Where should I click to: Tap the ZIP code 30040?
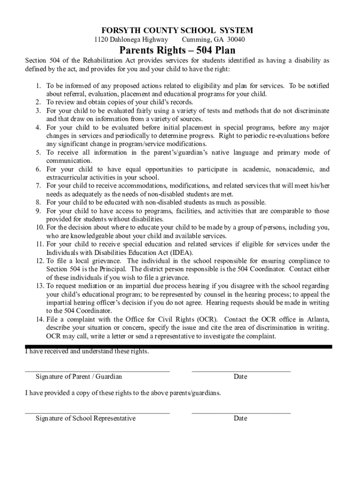click(x=236, y=40)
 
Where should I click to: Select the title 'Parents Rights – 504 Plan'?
click(x=177, y=51)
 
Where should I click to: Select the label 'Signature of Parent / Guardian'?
click(x=79, y=377)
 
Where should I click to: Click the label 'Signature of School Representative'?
click(x=86, y=418)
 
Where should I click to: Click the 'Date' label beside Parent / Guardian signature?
click(x=240, y=377)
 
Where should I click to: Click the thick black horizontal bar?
click(x=187, y=347)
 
